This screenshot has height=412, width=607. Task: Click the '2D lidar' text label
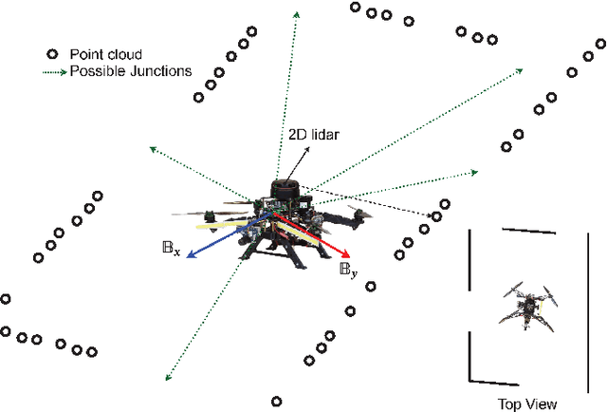coord(313,135)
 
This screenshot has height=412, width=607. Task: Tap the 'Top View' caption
coord(526,403)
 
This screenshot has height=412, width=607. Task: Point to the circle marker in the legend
coord(53,53)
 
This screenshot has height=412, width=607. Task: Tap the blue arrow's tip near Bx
coord(188,254)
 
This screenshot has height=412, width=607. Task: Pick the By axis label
coord(348,270)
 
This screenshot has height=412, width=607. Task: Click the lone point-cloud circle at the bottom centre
coord(276,402)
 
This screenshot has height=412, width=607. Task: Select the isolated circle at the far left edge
coord(5,298)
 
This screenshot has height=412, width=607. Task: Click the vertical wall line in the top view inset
coord(469,304)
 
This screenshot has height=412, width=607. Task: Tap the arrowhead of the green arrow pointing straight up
coord(297,13)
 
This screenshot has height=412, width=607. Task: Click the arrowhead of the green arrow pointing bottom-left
coord(168,377)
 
